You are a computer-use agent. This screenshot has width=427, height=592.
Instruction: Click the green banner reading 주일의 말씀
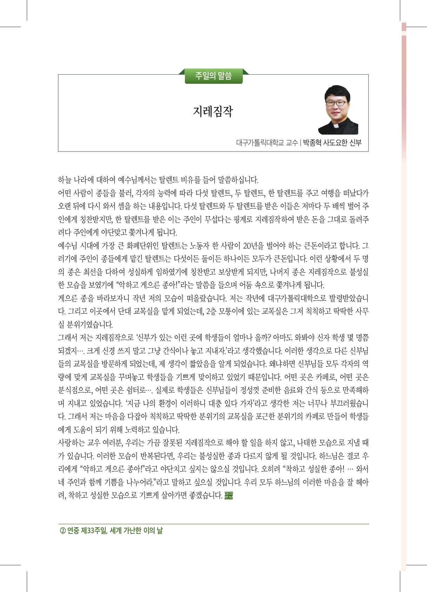(213, 76)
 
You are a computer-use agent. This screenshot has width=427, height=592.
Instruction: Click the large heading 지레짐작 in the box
(213, 111)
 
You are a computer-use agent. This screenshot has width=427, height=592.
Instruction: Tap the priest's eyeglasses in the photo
(336, 103)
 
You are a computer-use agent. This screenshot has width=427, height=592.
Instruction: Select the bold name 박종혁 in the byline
(312, 143)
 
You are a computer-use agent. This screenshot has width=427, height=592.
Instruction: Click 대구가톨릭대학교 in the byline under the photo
(260, 143)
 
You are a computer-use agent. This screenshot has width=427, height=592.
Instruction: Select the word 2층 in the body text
(212, 311)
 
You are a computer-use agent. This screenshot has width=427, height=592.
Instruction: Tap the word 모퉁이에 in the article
(232, 311)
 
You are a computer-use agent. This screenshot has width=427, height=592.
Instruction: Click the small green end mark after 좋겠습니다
(228, 496)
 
